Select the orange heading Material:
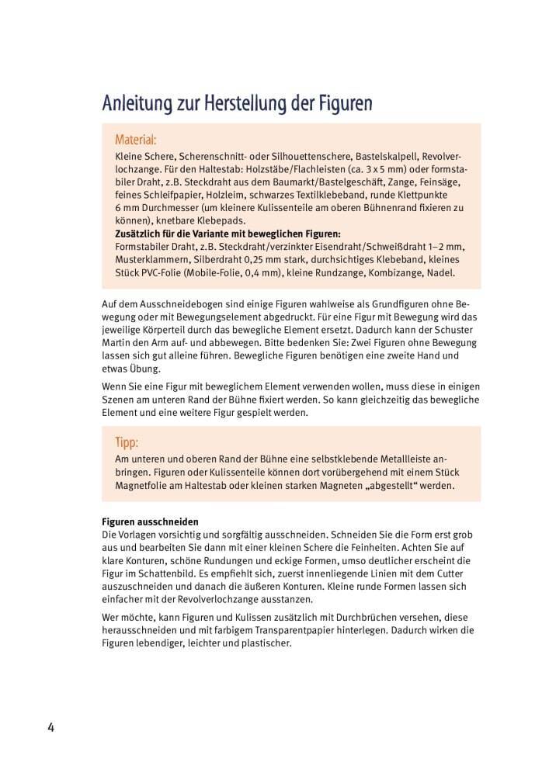136,140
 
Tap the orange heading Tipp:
127,443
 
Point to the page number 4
51,727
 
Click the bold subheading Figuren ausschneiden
151,522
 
